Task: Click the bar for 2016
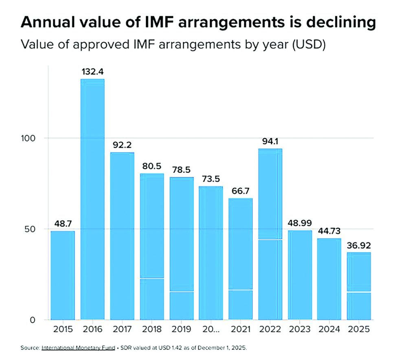coord(92,199)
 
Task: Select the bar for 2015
coord(63,275)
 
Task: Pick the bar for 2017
coord(122,236)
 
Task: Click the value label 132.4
coord(92,72)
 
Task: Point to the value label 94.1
coord(270,142)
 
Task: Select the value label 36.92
coord(359,246)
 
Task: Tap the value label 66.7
coord(240,191)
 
